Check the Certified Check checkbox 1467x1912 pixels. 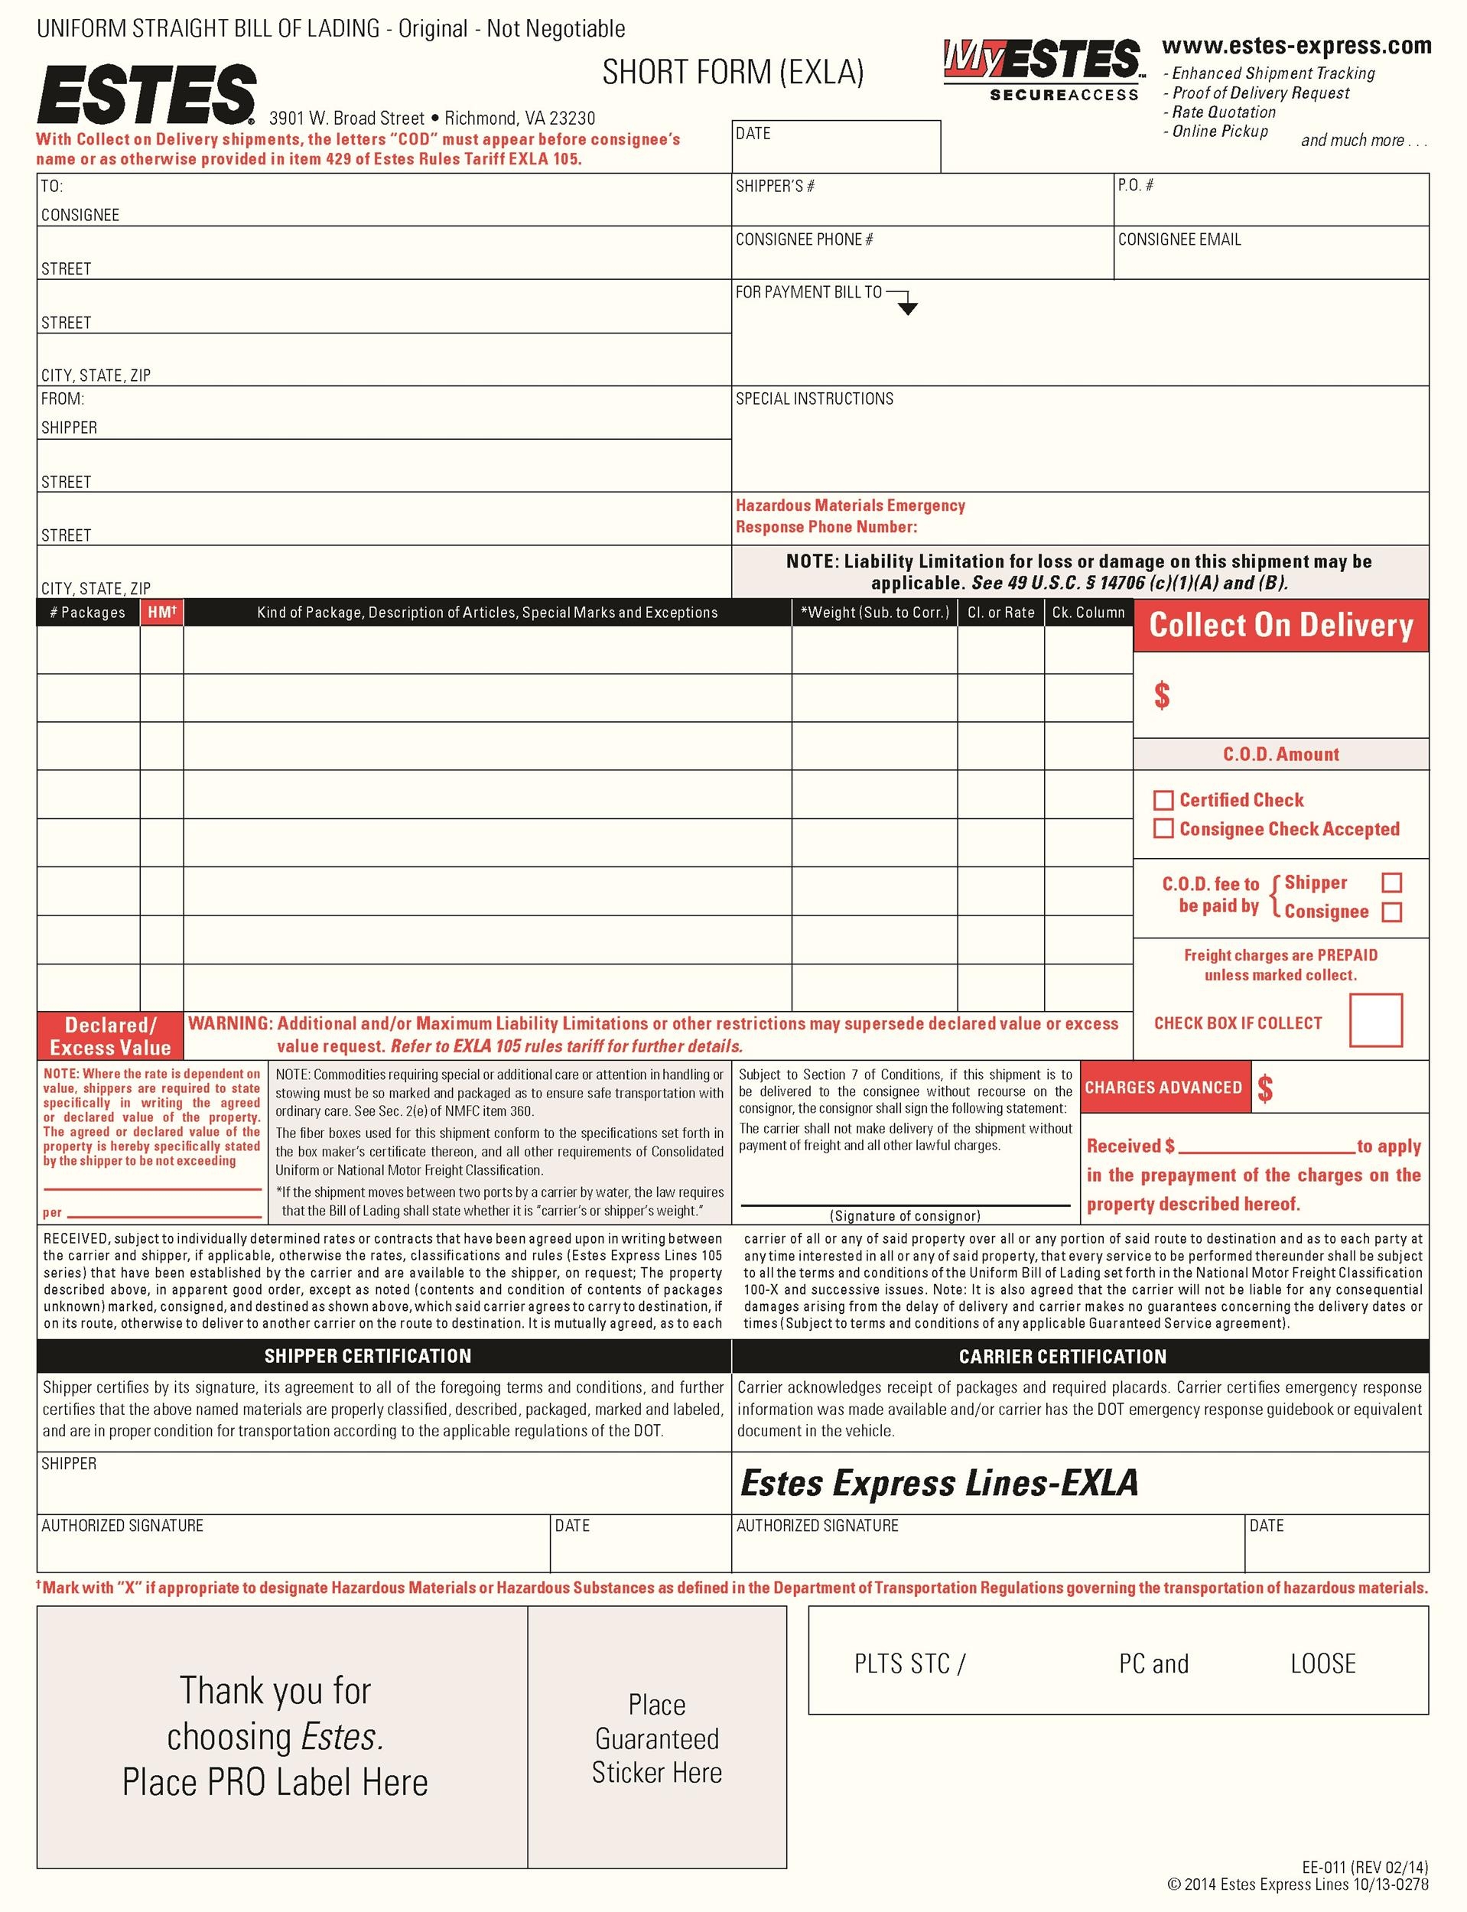pos(1163,800)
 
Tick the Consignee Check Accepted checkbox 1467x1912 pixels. pos(1163,828)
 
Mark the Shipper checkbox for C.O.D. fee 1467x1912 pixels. pos(1392,883)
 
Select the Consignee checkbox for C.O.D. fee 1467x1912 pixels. pos(1392,912)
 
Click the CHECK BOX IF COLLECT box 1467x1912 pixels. pos(1375,1019)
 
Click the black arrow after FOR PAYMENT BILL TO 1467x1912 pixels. pos(907,307)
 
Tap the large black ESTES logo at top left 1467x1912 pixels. pos(146,93)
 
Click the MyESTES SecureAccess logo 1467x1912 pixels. pos(1042,69)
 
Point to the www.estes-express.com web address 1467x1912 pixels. pos(1296,45)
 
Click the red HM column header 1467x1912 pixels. pos(161,612)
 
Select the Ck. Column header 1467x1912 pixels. pos(1088,612)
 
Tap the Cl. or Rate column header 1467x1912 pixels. pos(1000,612)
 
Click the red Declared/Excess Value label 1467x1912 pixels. pos(110,1036)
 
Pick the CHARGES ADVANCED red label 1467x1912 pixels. pos(1163,1087)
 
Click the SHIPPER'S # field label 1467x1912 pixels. pos(775,186)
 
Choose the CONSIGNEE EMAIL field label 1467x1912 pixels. pos(1179,239)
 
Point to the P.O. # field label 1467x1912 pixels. pos(1135,185)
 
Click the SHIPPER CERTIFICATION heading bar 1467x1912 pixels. pos(368,1356)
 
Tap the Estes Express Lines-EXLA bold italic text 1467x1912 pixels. pos(938,1483)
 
